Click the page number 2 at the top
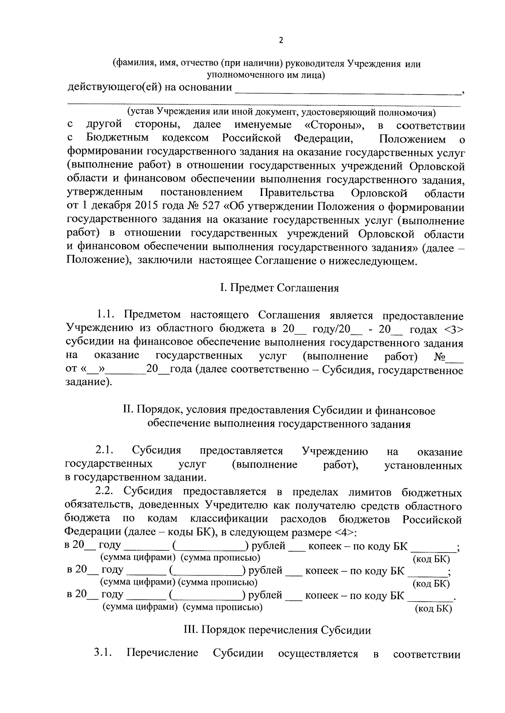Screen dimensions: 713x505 click(x=281, y=40)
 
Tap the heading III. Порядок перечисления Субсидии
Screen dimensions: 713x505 click(x=278, y=630)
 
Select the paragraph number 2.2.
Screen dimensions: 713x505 click(x=105, y=492)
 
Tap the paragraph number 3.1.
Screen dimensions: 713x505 click(x=103, y=654)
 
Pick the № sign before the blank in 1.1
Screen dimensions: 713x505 click(x=439, y=357)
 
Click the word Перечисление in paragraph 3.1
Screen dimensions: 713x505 click(x=162, y=654)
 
